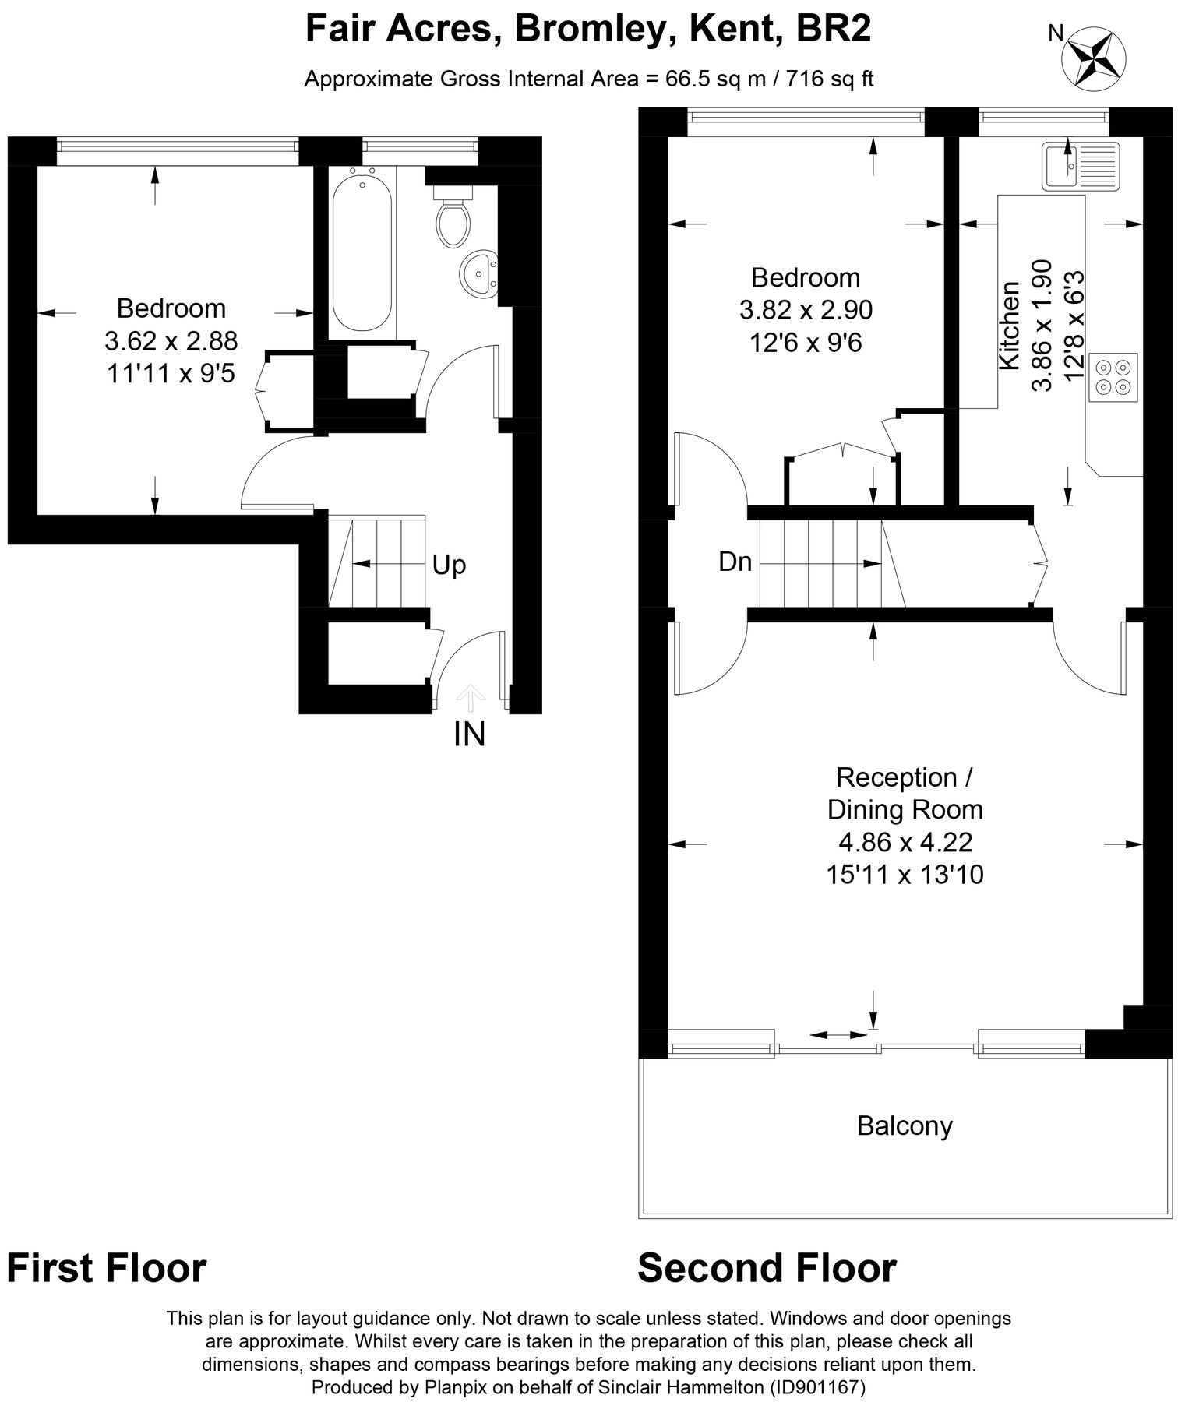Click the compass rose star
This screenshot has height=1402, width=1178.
(x=1095, y=56)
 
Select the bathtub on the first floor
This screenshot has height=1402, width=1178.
(x=362, y=252)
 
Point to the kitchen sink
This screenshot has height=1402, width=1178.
(x=1080, y=165)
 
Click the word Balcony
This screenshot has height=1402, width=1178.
(x=905, y=1126)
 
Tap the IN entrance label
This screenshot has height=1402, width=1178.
(x=470, y=734)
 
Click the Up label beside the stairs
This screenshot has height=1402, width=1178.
(x=449, y=565)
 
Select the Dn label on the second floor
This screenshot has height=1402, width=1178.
(x=735, y=562)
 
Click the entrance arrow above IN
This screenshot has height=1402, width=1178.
(x=468, y=698)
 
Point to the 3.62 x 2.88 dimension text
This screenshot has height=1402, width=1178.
(x=171, y=341)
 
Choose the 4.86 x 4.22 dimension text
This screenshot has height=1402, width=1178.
(x=905, y=842)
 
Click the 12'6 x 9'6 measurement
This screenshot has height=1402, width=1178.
(x=806, y=343)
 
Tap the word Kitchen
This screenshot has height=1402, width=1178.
(x=1009, y=326)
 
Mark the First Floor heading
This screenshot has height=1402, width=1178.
(x=107, y=1268)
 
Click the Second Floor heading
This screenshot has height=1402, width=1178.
(x=767, y=1268)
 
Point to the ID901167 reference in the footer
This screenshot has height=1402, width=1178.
(x=818, y=1386)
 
